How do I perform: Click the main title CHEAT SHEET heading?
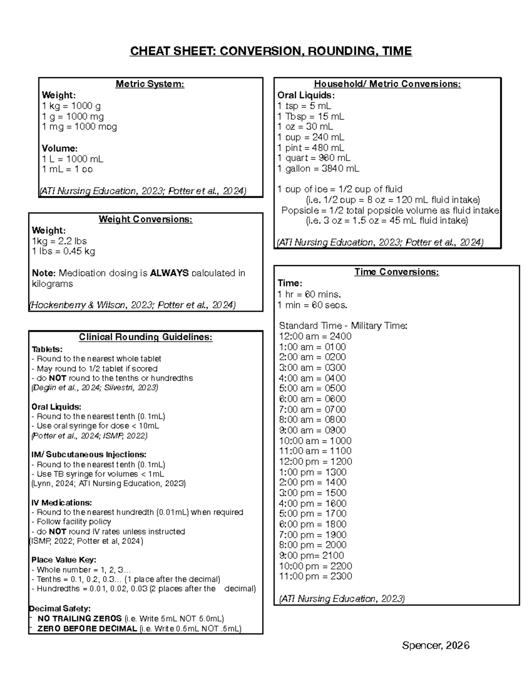pyautogui.click(x=270, y=51)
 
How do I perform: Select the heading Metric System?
pyautogui.click(x=150, y=84)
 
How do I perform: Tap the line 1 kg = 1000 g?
pyautogui.click(x=71, y=106)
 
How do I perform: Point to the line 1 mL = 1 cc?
pyautogui.click(x=67, y=169)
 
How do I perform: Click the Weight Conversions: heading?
pyautogui.click(x=145, y=219)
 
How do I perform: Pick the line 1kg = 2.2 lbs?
pyautogui.click(x=59, y=241)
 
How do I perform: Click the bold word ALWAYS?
pyautogui.click(x=169, y=273)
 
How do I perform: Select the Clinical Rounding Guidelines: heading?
pyautogui.click(x=145, y=337)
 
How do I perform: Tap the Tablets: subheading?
pyautogui.click(x=47, y=349)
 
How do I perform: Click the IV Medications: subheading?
pyautogui.click(x=62, y=503)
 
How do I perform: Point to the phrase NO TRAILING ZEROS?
pyautogui.click(x=79, y=618)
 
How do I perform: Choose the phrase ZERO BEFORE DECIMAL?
pyautogui.click(x=87, y=629)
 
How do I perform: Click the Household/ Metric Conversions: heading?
pyautogui.click(x=387, y=84)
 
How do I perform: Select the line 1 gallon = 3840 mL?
pyautogui.click(x=318, y=169)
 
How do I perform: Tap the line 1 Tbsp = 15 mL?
pyautogui.click(x=310, y=116)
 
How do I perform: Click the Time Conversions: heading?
pyautogui.click(x=396, y=272)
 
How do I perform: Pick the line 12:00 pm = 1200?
pyautogui.click(x=315, y=461)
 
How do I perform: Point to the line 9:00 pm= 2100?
pyautogui.click(x=311, y=555)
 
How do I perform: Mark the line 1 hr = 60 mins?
pyautogui.click(x=309, y=294)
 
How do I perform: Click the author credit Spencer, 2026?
pyautogui.click(x=435, y=645)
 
